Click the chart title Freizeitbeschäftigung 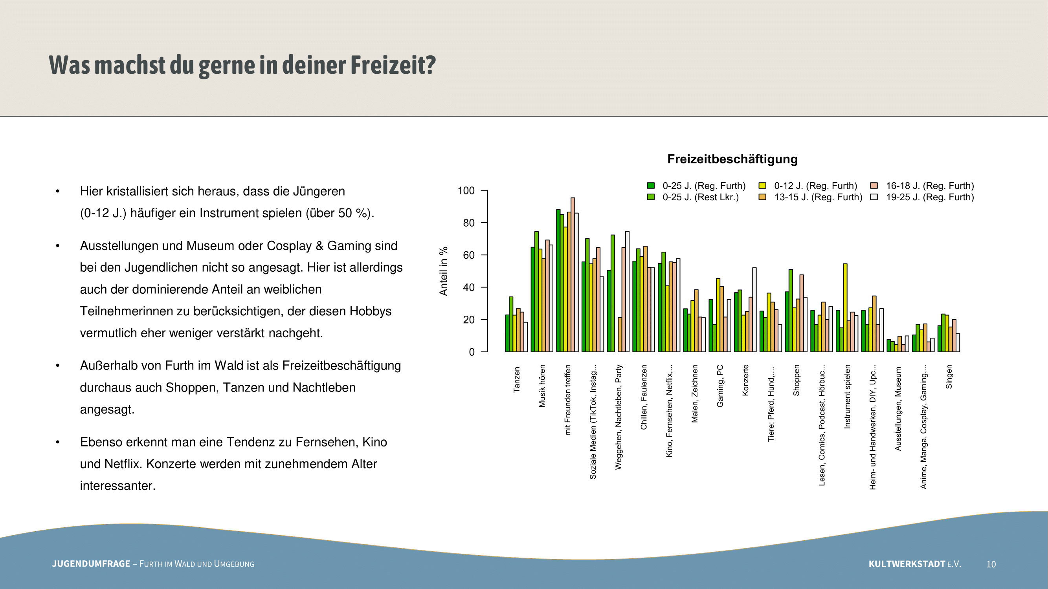[732, 159]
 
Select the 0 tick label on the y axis [472, 352]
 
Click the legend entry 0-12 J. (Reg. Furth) [815, 186]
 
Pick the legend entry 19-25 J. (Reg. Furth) [930, 197]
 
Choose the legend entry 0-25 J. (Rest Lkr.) [700, 197]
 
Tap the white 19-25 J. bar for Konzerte [754, 309]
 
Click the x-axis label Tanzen [517, 380]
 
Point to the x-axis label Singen [949, 377]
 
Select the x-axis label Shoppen [796, 380]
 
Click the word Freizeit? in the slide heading [393, 65]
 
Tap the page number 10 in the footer [991, 564]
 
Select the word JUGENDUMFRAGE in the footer [91, 564]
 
